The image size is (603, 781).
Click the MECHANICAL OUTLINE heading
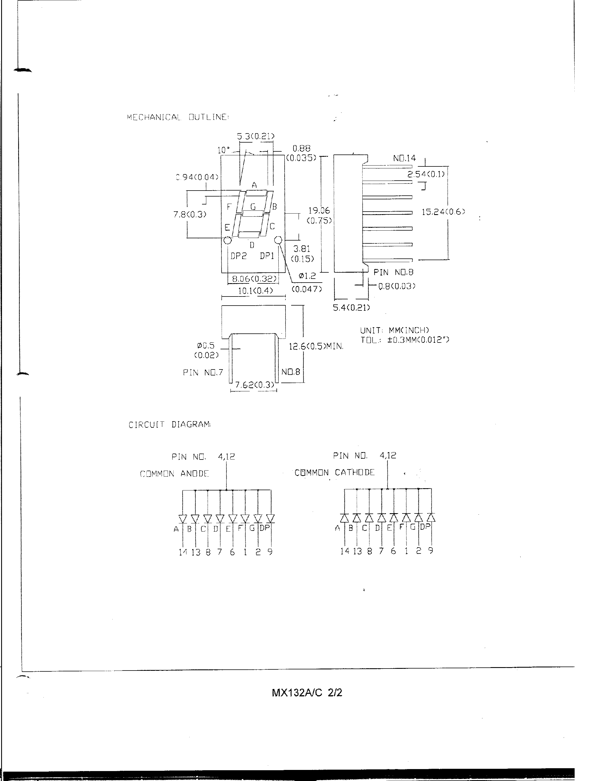coord(178,117)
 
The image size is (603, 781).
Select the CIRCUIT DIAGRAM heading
coord(169,425)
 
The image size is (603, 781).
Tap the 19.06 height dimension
coord(319,211)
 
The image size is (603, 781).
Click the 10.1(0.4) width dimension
coord(255,291)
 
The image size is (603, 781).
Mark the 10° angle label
coord(224,150)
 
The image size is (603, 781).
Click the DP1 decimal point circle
coord(278,240)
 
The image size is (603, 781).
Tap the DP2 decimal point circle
coord(227,240)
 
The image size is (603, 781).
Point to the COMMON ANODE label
coord(174,474)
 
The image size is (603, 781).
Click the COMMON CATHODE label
coord(334,473)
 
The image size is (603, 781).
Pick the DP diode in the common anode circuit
coord(270,518)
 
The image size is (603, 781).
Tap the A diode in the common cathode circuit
coord(344,518)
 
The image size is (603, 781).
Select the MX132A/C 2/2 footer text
coord(306,693)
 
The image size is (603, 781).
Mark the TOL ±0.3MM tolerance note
coord(405,340)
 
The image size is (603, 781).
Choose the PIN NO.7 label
coord(203,373)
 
